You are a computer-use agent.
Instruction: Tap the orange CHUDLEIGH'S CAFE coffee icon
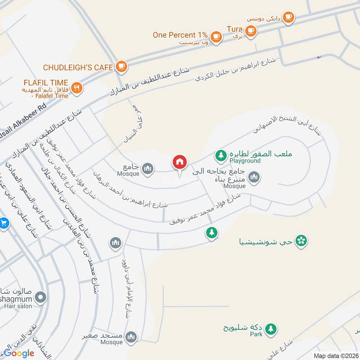click(121, 67)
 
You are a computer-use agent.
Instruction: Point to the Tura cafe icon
click(251, 31)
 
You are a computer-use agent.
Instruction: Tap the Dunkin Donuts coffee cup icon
click(288, 17)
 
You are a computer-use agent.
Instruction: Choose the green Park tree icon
click(270, 329)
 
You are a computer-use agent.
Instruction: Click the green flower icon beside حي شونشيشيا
click(302, 241)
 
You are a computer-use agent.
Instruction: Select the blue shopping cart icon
click(4, 223)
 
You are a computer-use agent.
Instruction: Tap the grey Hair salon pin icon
click(41, 297)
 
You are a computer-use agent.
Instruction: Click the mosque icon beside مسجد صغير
click(131, 336)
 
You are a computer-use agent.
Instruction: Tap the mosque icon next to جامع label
click(147, 169)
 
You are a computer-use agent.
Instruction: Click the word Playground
click(245, 161)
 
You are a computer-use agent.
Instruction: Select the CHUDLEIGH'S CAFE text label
click(77, 67)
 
